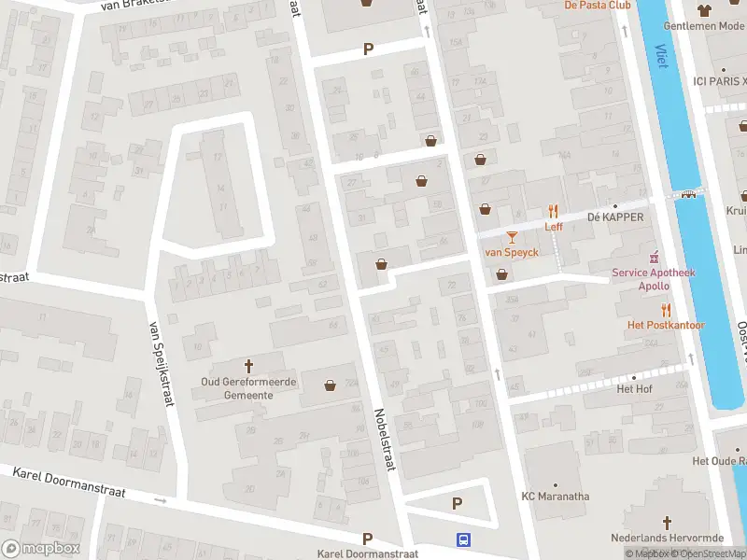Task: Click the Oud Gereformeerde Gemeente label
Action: [x=249, y=387]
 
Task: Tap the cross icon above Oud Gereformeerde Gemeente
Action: [x=249, y=365]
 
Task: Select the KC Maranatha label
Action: [x=555, y=497]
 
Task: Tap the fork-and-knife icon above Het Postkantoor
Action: [x=666, y=309]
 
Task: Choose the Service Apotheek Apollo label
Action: [x=654, y=279]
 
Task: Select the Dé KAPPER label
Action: [x=615, y=217]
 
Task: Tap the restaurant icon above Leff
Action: [x=553, y=211]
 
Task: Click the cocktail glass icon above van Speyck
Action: [x=511, y=237]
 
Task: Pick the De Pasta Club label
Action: [x=598, y=6]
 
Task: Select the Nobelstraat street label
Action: [x=385, y=439]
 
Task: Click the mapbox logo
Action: [x=40, y=548]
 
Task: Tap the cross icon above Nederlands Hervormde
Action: [x=667, y=523]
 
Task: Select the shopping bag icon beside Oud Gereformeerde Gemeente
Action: [x=330, y=385]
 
